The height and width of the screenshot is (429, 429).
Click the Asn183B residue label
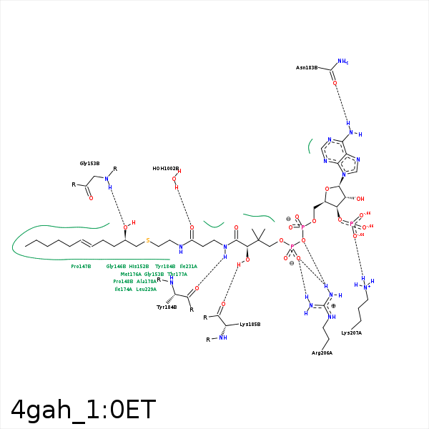click(307, 68)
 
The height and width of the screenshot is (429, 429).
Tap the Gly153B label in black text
click(89, 164)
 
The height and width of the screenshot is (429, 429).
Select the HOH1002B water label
click(165, 169)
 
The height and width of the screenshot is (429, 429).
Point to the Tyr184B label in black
click(167, 307)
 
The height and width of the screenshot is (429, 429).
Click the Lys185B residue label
click(250, 324)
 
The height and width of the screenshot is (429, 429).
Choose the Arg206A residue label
click(322, 352)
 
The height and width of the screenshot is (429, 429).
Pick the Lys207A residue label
click(351, 332)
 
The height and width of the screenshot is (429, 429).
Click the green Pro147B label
click(81, 266)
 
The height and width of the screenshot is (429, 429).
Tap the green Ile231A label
click(188, 266)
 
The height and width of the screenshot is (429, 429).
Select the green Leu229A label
click(146, 289)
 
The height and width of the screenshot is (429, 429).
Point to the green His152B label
click(139, 266)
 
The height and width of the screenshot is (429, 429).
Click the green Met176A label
click(131, 274)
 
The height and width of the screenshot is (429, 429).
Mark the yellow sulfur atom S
click(148, 240)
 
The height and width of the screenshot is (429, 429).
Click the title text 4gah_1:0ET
click(83, 409)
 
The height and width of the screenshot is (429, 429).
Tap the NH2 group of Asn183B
click(342, 61)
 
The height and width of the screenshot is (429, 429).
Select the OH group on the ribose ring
click(360, 199)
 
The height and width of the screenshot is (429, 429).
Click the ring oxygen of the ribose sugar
click(327, 189)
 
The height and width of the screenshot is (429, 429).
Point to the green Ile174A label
click(123, 289)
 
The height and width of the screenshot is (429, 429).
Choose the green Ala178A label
click(147, 281)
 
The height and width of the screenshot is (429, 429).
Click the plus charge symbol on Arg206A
click(333, 306)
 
